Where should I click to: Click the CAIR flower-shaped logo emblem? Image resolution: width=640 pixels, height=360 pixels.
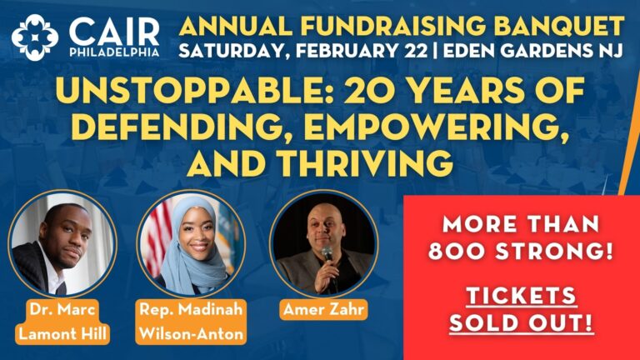[35, 37]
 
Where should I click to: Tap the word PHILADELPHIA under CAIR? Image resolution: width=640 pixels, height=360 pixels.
[114, 52]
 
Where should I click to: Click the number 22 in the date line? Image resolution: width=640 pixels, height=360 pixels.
[416, 51]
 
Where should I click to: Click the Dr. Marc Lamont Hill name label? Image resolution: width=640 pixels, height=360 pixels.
[62, 322]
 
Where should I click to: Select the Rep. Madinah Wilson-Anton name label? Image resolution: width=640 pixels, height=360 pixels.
[191, 322]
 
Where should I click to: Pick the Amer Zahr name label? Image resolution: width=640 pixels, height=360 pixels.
[323, 309]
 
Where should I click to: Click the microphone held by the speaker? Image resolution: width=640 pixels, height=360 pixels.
[327, 255]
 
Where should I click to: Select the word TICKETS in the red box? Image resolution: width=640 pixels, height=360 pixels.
[521, 295]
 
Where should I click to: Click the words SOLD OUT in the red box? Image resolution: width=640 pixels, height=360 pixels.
[521, 322]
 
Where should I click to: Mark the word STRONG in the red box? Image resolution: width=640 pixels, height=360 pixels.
[555, 251]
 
